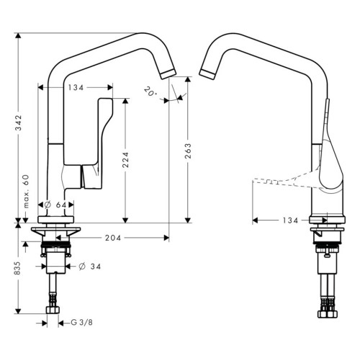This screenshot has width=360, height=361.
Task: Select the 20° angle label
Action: (150, 92)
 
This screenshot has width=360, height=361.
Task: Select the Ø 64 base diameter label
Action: (55, 205)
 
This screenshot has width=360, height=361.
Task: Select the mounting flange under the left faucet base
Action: (54, 232)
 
